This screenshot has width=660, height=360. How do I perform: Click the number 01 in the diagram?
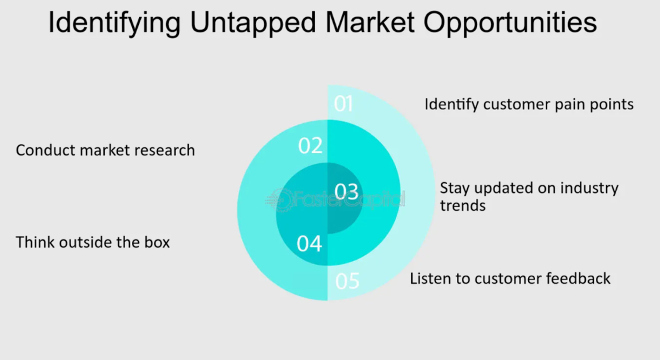(343, 103)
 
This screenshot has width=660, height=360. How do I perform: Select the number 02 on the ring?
(310, 146)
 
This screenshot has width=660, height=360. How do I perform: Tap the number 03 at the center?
(346, 192)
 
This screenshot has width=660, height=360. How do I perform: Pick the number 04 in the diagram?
(309, 243)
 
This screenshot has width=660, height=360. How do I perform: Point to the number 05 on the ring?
(347, 281)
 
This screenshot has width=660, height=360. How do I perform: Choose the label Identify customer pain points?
(529, 104)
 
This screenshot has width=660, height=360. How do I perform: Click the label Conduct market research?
(105, 150)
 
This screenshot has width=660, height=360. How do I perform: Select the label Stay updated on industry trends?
(529, 196)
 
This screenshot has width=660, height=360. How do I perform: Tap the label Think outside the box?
(93, 243)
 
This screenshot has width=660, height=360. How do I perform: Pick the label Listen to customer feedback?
(510, 278)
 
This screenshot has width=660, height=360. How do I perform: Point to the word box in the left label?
(157, 243)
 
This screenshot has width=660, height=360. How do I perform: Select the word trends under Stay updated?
(463, 206)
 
